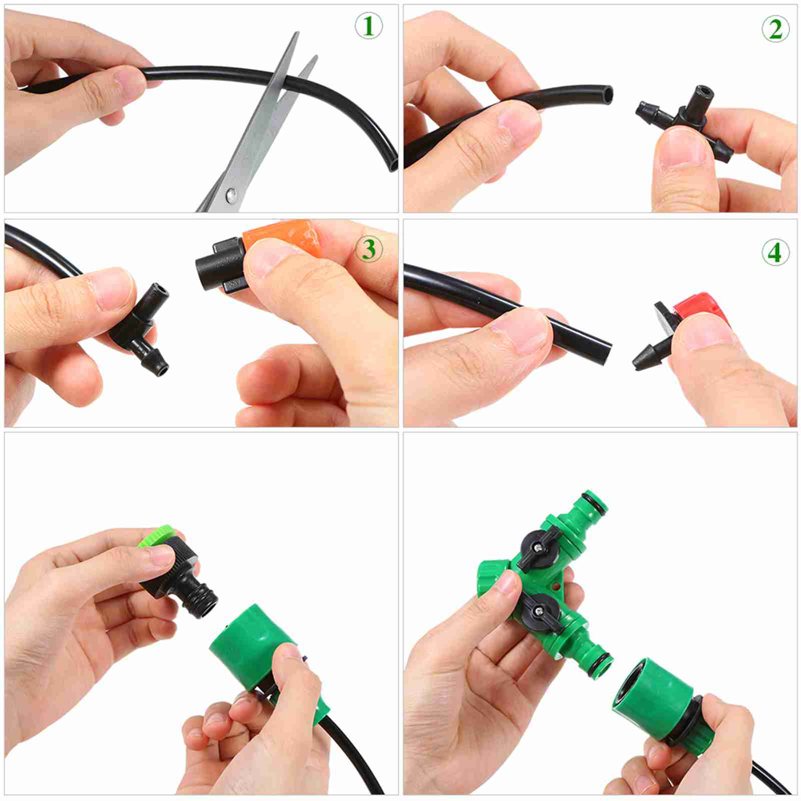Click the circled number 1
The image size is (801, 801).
coord(369,26)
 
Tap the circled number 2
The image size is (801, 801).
coord(775,29)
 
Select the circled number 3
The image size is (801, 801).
coord(369,249)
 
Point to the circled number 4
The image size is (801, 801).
coord(775,252)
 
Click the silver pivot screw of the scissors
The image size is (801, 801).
coord(231,193)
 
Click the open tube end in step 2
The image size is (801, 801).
coord(607,94)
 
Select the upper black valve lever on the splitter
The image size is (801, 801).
coord(540,548)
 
